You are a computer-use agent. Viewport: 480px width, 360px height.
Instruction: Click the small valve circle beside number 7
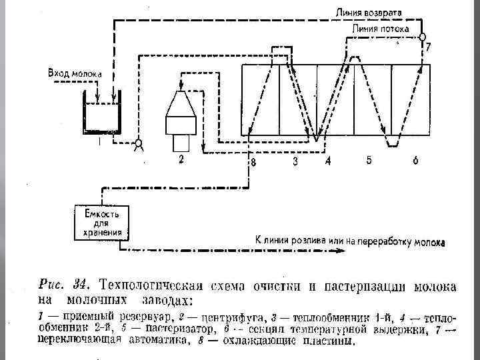coord(422,36)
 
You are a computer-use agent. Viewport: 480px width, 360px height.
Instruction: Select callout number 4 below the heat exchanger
coord(327,161)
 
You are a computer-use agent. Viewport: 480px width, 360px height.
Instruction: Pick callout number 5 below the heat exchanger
coord(368,160)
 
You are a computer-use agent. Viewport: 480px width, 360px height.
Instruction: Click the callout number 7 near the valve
coord(428,47)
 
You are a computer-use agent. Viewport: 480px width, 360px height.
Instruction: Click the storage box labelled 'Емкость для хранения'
coord(101,223)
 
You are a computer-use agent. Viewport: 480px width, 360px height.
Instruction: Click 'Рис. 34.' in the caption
coord(59,287)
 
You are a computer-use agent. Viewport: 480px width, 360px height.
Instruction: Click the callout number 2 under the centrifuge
coord(181,159)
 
